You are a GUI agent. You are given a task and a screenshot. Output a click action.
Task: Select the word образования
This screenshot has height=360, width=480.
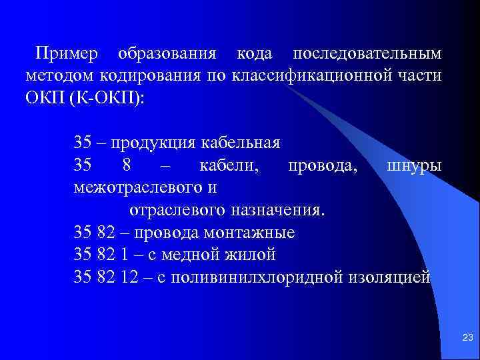click(x=166, y=52)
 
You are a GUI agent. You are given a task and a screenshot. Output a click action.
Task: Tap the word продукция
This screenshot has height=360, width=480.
click(x=153, y=143)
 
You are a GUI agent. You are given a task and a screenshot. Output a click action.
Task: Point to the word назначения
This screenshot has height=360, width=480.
click(x=279, y=210)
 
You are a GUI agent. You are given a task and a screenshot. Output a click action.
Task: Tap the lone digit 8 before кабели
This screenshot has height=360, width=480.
click(x=127, y=165)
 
